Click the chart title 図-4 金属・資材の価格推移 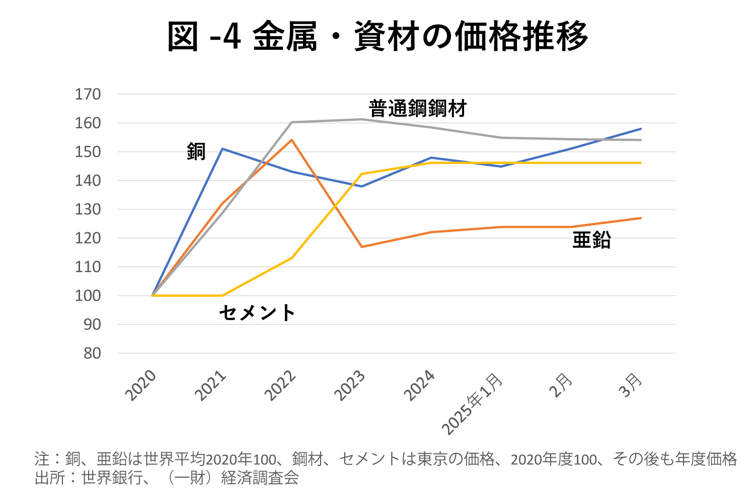pos(377,36)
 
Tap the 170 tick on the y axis pos(88,94)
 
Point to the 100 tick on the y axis pos(88,296)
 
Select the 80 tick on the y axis pos(92,354)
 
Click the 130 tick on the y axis pos(88,209)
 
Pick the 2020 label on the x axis pos(141,386)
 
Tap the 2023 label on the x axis pos(350,386)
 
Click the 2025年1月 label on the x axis pos(473,403)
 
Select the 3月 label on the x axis pos(631,385)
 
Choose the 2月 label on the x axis pos(561,385)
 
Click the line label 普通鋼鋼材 pos(418,109)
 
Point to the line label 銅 pos(196,151)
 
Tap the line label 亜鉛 pos(591,240)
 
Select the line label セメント pos(257,313)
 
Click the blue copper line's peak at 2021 pos(222,148)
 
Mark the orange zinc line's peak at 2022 pos(292,140)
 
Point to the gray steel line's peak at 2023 pos(361,119)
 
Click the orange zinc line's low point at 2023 pos(361,246)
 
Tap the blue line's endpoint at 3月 pos(641,129)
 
